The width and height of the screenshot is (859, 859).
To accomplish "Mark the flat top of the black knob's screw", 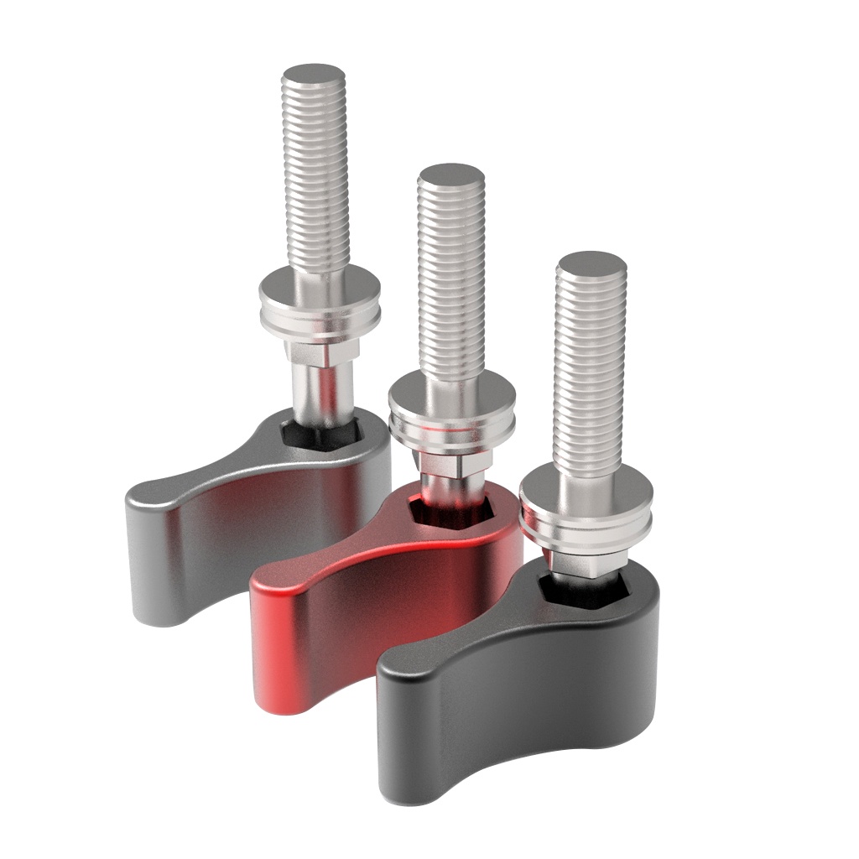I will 591,263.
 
